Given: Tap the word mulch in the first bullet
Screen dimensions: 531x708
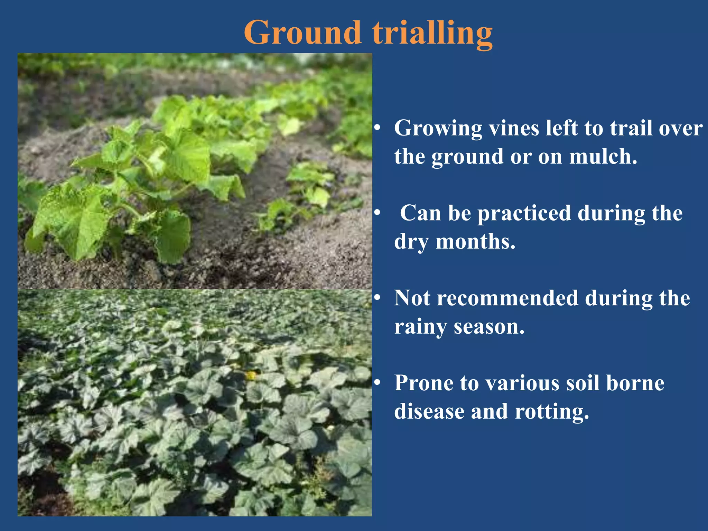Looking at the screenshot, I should coord(603,157).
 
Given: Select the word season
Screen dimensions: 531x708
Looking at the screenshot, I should coord(489,327).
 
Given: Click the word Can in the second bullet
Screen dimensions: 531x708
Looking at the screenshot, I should coord(420,213).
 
